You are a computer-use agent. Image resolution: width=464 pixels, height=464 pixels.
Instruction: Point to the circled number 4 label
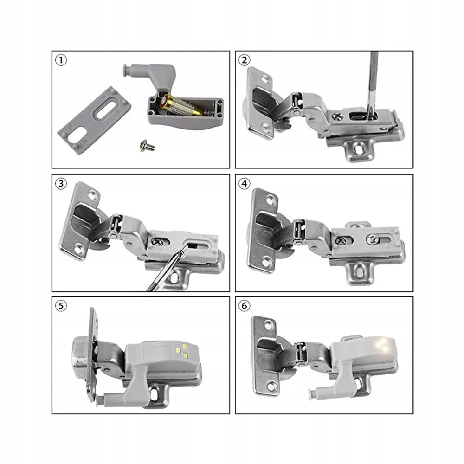(x=245, y=183)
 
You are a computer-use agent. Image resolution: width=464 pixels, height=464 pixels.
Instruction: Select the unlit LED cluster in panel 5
(x=182, y=350)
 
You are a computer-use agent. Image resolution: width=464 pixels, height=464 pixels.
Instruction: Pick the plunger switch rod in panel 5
(x=116, y=397)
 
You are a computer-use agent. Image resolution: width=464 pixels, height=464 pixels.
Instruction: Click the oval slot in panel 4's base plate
(x=359, y=269)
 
